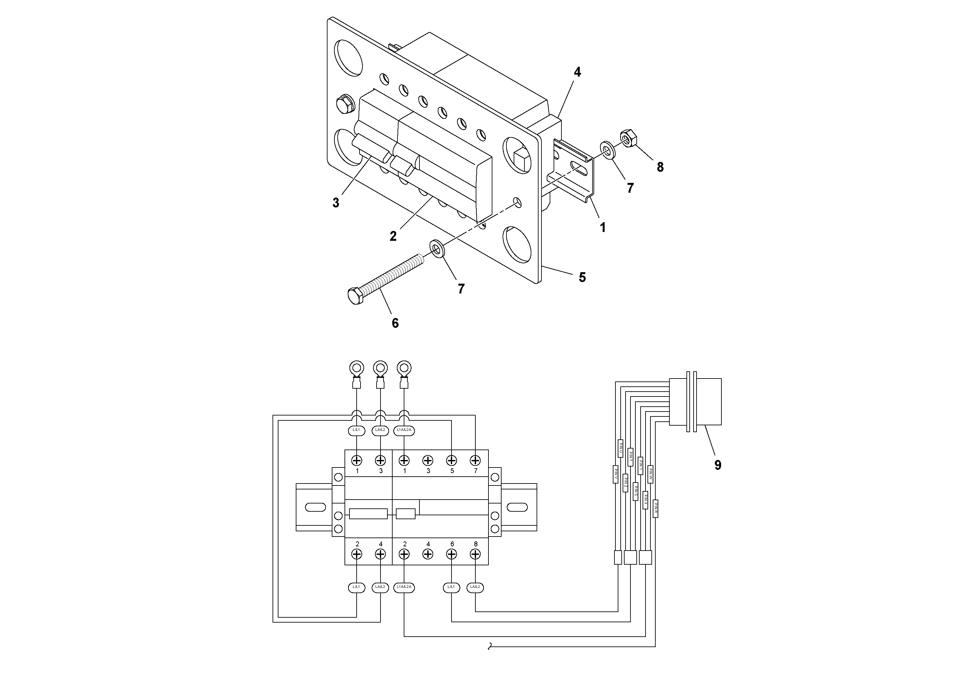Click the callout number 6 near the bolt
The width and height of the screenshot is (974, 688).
pyautogui.click(x=395, y=323)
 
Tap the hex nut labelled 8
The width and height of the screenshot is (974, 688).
pyautogui.click(x=627, y=139)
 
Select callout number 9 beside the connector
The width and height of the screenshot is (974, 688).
pyautogui.click(x=717, y=465)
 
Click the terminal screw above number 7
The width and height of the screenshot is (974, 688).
pyautogui.click(x=475, y=460)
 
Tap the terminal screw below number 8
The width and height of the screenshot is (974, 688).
pyautogui.click(x=475, y=554)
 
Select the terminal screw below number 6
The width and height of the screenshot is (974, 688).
pyautogui.click(x=452, y=554)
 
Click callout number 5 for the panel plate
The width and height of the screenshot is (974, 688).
pyautogui.click(x=582, y=277)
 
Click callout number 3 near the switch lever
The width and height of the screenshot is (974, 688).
pyautogui.click(x=336, y=203)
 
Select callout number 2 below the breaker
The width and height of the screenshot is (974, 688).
pyautogui.click(x=393, y=236)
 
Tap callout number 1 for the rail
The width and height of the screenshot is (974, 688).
pyautogui.click(x=602, y=227)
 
